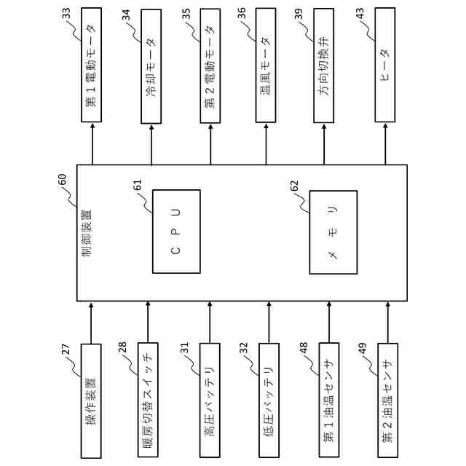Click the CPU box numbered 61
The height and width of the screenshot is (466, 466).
click(175, 231)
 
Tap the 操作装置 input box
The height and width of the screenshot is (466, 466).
click(90, 400)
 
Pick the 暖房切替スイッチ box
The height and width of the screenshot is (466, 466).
click(149, 400)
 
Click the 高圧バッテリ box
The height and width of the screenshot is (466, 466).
click(209, 400)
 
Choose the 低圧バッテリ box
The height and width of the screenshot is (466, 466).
click(268, 400)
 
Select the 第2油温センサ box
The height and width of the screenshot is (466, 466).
click(387, 400)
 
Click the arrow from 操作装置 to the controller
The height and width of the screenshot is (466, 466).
click(90, 321)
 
